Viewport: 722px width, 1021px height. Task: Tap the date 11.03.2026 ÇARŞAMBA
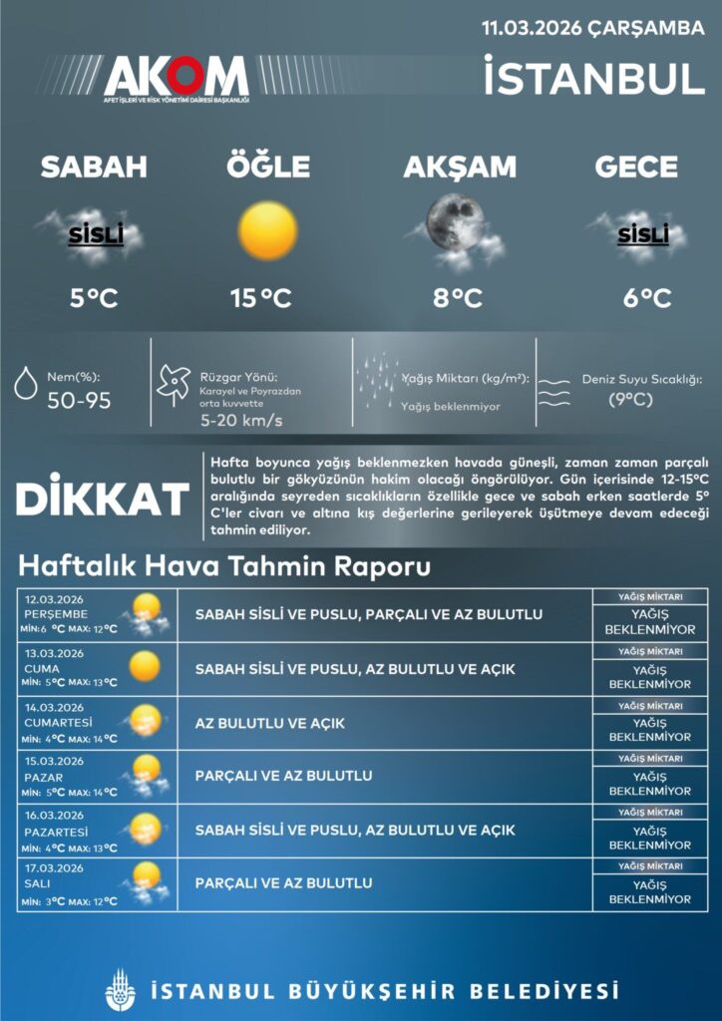click(592, 28)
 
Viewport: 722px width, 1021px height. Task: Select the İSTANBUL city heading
click(594, 79)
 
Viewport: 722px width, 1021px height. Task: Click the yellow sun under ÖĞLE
click(268, 230)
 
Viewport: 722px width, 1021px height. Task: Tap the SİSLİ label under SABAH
click(96, 235)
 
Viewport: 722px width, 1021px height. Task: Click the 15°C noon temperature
click(260, 297)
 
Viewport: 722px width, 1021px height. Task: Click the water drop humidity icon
click(27, 383)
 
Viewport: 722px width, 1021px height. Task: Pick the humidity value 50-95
click(80, 401)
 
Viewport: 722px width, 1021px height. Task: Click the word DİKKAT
click(103, 499)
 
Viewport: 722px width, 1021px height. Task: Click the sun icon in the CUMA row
click(145, 666)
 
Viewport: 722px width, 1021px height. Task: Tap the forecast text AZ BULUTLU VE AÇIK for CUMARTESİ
click(270, 723)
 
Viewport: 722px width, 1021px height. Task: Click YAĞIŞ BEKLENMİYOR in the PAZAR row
click(650, 784)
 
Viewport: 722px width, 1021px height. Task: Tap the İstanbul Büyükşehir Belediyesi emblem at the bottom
click(119, 989)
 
